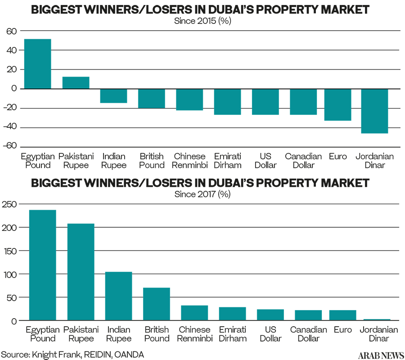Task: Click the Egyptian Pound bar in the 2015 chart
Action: pos(37,64)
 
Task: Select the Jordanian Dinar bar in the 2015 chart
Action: pos(374,111)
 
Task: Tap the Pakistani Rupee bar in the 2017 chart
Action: pos(81,272)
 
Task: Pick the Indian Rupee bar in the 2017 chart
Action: pos(118,296)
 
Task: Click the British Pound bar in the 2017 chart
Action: pos(156,304)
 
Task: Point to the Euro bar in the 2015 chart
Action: pos(337,104)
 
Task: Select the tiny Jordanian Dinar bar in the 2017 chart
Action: pos(377,319)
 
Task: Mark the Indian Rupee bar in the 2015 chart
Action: pos(113,96)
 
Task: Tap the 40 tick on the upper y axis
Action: pos(11,50)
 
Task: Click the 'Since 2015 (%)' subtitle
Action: pos(202,21)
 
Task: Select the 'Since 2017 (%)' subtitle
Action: pos(202,194)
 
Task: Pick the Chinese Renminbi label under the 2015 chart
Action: pos(189,161)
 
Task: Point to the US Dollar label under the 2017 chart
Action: pos(270,334)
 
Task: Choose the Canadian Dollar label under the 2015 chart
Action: pos(303,161)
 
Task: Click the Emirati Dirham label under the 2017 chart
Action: pos(232,334)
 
